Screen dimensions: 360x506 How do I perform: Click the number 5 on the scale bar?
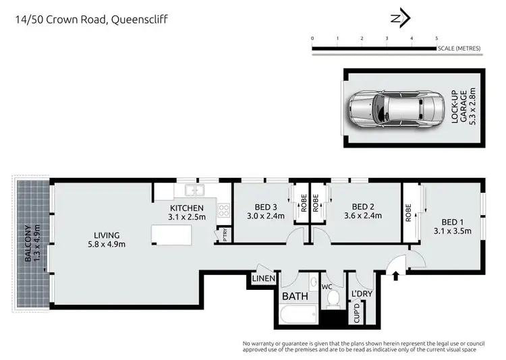[437, 38]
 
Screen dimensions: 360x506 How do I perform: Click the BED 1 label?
[452, 221]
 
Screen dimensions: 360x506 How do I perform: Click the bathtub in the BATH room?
[298, 314]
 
